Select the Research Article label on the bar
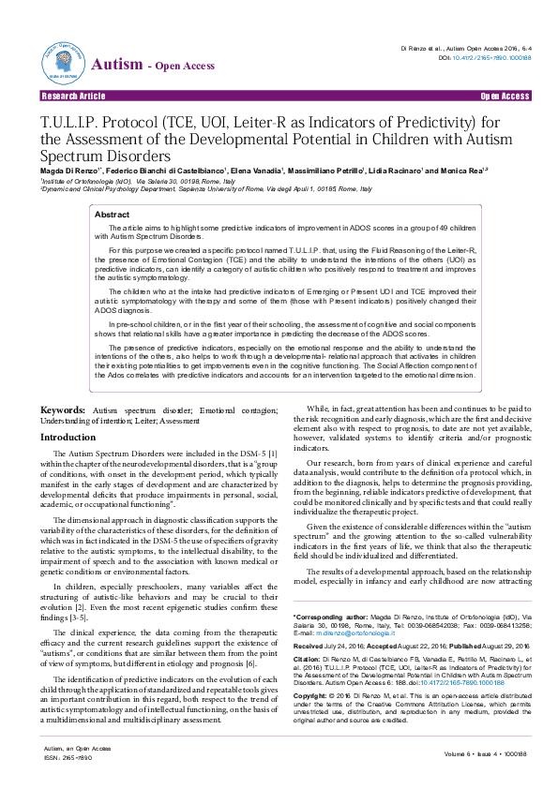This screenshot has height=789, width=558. (73, 97)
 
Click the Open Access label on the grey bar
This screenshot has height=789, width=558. (505, 97)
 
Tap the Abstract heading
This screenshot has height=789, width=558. (113, 215)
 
